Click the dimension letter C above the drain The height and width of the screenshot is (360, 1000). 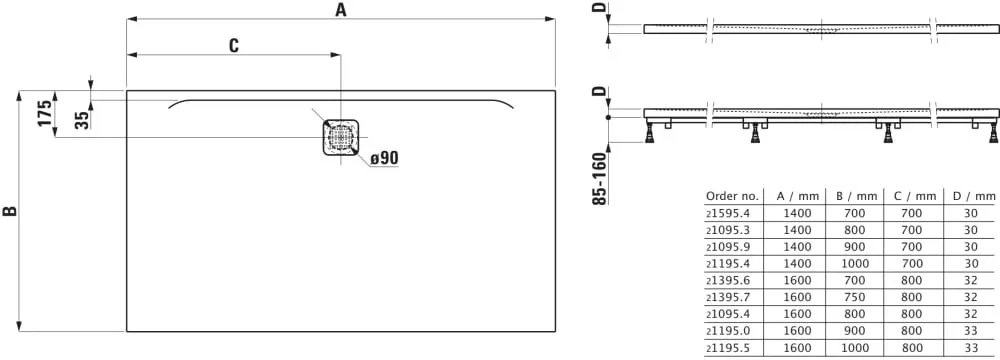(x=233, y=45)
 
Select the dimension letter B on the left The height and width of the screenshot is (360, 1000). (x=10, y=211)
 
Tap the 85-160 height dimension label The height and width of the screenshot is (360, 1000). (x=599, y=178)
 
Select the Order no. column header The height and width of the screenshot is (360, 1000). (x=732, y=196)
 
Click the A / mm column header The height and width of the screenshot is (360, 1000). (x=797, y=196)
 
